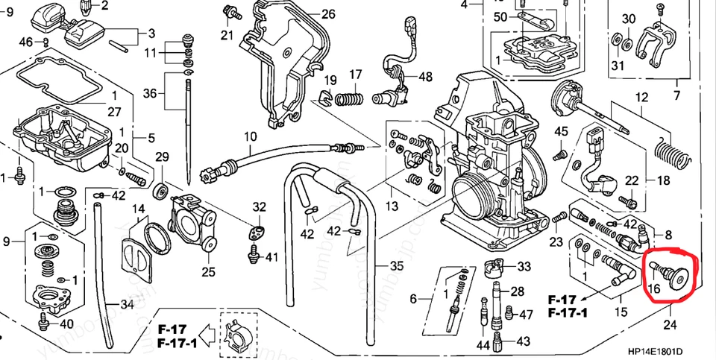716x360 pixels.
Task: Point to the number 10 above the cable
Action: (x=249, y=136)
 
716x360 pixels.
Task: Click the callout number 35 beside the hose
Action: (x=396, y=265)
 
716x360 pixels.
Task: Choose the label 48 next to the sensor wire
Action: (x=424, y=77)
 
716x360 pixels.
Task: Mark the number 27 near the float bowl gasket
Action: (x=113, y=112)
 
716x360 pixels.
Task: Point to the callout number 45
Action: (x=562, y=132)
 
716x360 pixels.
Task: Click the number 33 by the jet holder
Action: (x=524, y=266)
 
